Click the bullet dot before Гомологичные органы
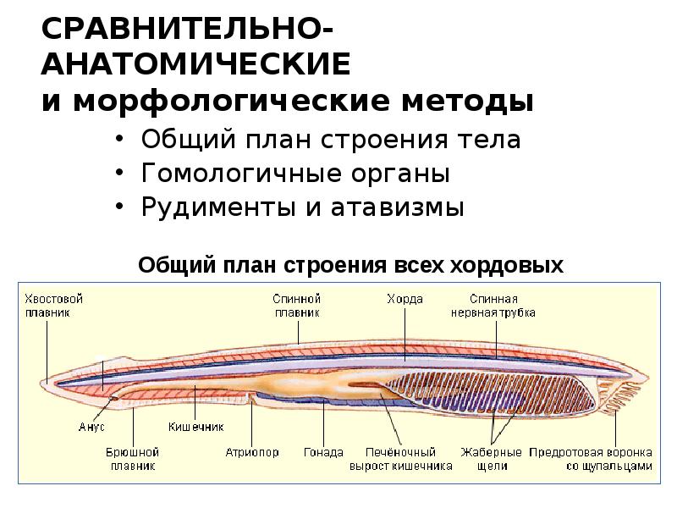124,174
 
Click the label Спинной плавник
296,305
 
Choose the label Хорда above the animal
405,299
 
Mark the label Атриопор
252,452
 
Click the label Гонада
323,452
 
